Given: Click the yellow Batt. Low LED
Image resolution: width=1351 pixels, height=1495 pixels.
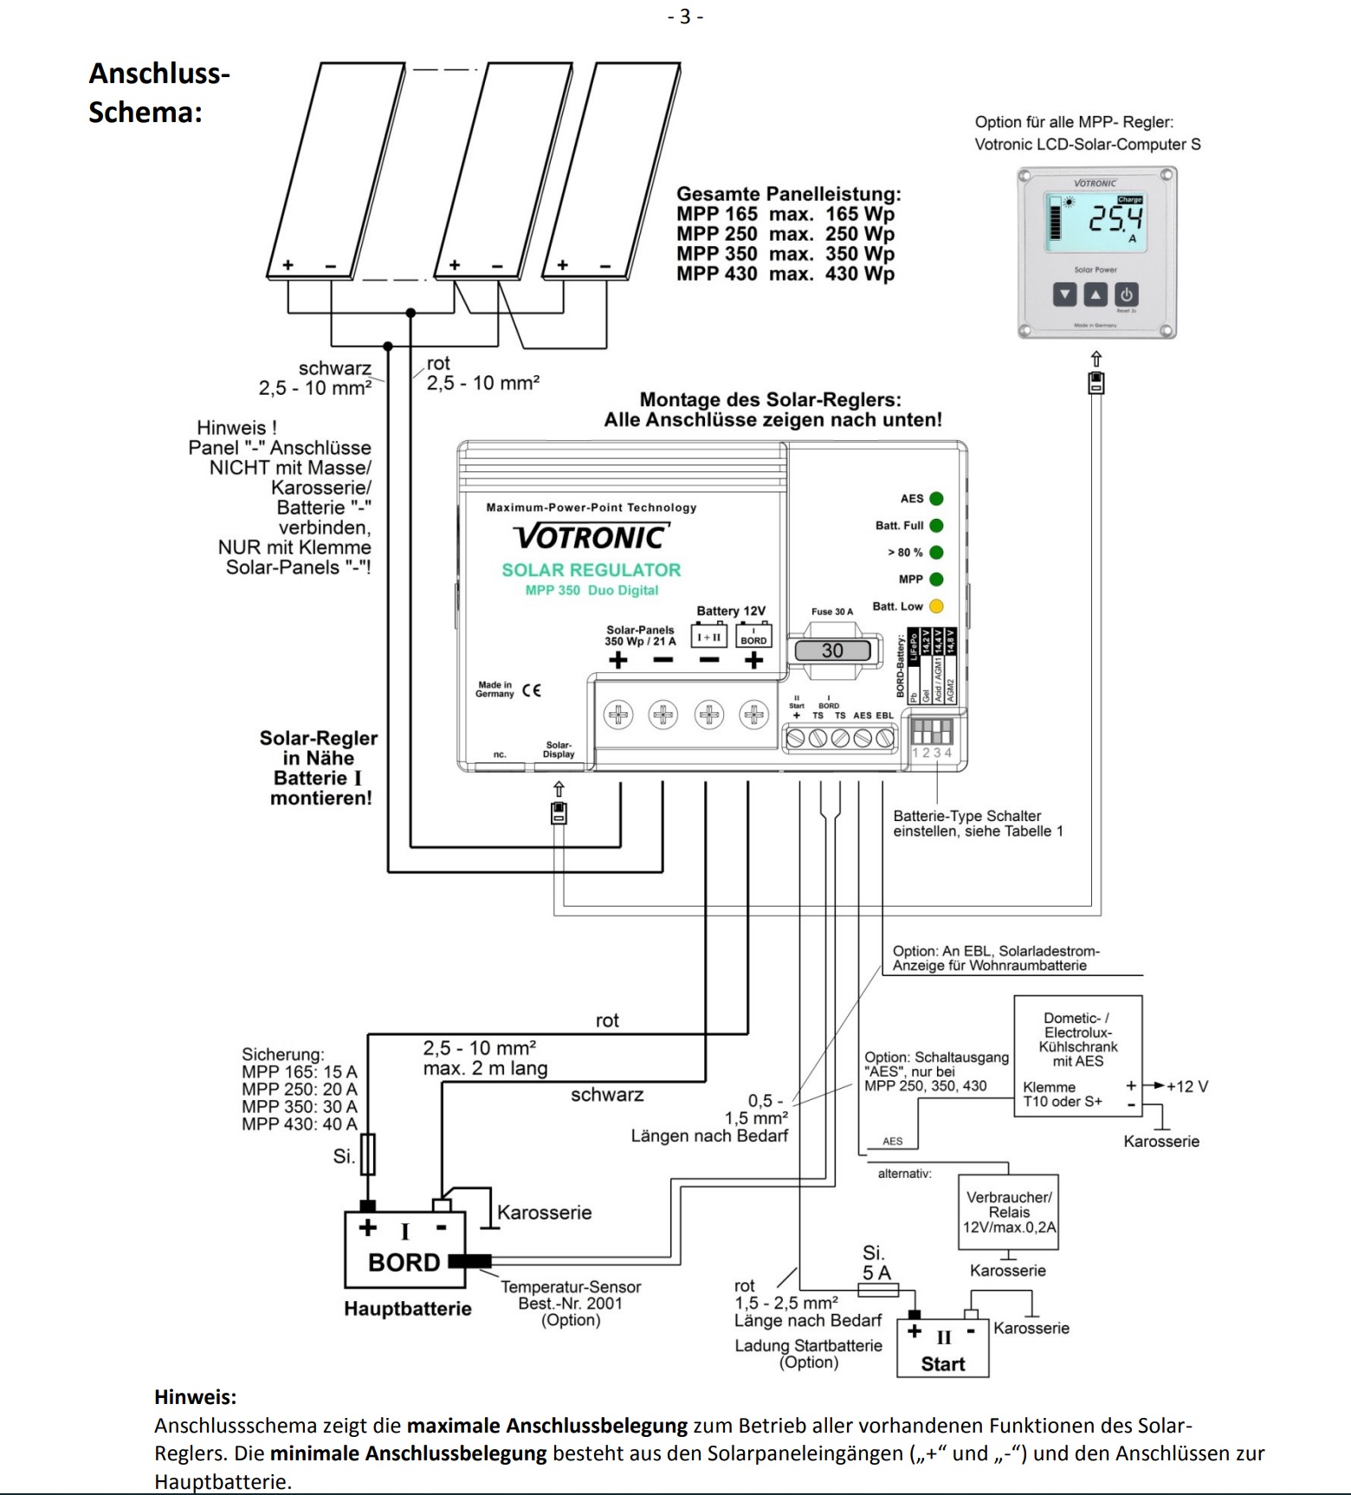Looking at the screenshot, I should (936, 606).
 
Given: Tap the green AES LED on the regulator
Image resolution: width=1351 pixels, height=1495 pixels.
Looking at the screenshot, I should (936, 499).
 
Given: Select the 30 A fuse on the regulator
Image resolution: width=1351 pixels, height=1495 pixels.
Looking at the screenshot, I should (832, 650).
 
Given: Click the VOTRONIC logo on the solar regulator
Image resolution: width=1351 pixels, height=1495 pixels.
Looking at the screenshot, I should (591, 537).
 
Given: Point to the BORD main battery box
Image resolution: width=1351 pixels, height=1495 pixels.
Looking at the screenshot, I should (404, 1250).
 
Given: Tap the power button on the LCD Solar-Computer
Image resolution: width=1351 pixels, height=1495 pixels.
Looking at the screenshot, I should (1126, 294).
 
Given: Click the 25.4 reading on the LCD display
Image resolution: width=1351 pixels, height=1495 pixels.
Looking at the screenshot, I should (1115, 218).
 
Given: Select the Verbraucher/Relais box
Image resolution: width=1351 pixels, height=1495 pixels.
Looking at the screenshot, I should (1008, 1212).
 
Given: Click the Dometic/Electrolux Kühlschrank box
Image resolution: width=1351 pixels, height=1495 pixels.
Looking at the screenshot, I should (1077, 1056).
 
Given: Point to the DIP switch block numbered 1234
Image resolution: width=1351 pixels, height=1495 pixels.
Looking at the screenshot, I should (932, 732).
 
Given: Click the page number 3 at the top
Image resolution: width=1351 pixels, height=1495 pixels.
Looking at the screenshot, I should (685, 16).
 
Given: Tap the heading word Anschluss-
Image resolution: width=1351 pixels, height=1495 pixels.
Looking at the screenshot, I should (159, 73).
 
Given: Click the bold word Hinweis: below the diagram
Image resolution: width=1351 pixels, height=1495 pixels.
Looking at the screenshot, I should (195, 1396).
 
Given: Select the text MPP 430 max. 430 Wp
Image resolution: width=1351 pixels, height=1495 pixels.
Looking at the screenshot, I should (785, 274).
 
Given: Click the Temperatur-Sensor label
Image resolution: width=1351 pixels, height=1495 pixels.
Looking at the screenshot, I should (571, 1286).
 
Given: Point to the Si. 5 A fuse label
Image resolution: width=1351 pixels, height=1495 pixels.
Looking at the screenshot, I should (876, 1263).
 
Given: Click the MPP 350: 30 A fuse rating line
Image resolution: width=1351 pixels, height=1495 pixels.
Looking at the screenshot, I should (299, 1106).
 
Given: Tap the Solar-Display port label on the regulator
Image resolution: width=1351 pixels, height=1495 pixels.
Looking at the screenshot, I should (559, 749).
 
